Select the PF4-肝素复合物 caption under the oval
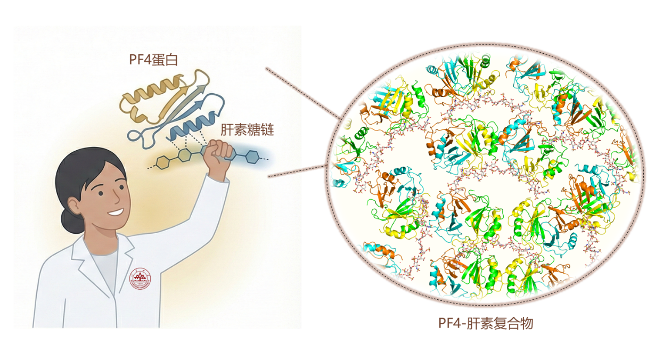(485, 323)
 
